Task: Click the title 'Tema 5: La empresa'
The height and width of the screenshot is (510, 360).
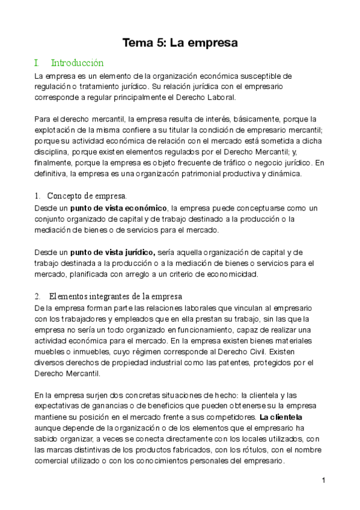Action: (180, 43)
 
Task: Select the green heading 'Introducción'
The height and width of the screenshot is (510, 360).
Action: (78, 63)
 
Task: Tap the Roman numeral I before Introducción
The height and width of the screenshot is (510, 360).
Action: (37, 63)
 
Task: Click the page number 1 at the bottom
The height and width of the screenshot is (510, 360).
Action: (323, 480)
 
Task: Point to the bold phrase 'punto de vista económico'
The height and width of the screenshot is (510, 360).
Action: (118, 208)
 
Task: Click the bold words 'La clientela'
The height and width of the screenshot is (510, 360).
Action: (281, 416)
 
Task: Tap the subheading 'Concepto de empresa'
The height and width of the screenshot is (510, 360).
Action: (87, 196)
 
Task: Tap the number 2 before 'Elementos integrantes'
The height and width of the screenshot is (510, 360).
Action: (37, 296)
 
